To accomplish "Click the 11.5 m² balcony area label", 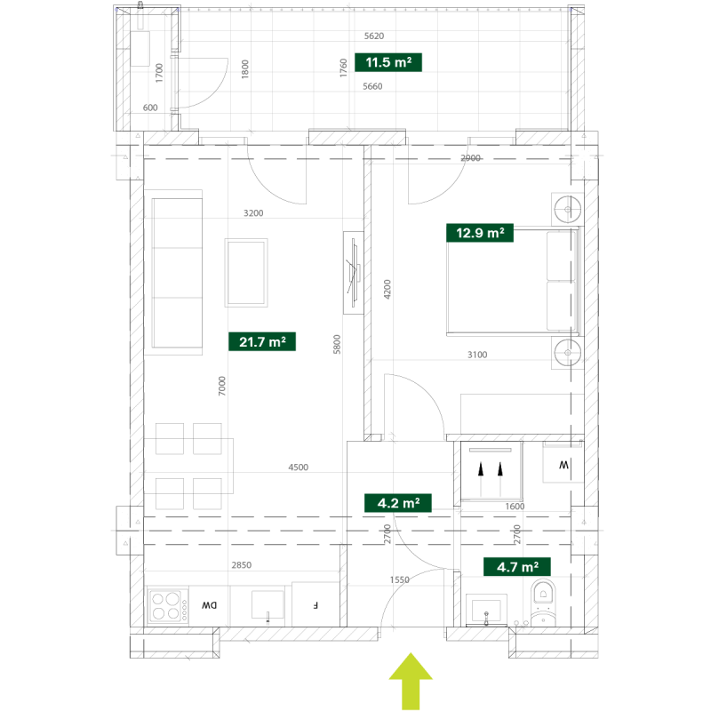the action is point(388,62).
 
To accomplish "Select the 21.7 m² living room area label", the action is point(262,341).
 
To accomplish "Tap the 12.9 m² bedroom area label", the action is point(480,233).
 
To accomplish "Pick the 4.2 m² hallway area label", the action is point(398,503).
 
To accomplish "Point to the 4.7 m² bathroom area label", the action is point(517,567).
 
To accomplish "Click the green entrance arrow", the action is point(411,681).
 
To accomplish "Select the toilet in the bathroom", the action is point(543,603).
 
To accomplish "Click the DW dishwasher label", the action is point(209,605).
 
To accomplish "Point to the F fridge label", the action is point(316,605).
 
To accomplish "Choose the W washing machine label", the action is point(563,465).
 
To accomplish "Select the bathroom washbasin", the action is point(486,610).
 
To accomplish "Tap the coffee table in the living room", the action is point(246,273).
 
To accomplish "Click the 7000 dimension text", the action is point(221,386).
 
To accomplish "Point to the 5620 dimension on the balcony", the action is point(374,36).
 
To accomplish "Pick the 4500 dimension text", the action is point(299,467).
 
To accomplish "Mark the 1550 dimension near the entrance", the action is point(399,579).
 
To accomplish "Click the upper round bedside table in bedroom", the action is point(567,209).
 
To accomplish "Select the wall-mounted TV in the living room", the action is point(354,273).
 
